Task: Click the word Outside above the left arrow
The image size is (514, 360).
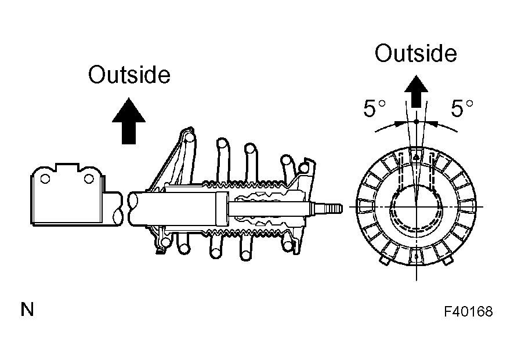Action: pos(129,75)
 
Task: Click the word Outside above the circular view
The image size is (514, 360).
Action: pos(415,53)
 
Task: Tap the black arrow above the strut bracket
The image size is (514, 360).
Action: pos(129,121)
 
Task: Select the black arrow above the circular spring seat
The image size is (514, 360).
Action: pos(417,91)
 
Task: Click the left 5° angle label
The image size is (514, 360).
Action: pos(374,108)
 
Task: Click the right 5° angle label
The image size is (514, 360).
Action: pos(462,108)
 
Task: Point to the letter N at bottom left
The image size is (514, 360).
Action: pos(27,309)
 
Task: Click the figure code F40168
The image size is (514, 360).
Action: pos(468,311)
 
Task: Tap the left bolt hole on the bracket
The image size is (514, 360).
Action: pos(45,179)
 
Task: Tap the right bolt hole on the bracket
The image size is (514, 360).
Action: pos(89,179)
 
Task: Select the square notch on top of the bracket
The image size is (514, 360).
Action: pos(67,167)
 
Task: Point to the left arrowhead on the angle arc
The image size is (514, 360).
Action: pos(399,123)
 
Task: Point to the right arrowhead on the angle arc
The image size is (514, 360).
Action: pos(433,123)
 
